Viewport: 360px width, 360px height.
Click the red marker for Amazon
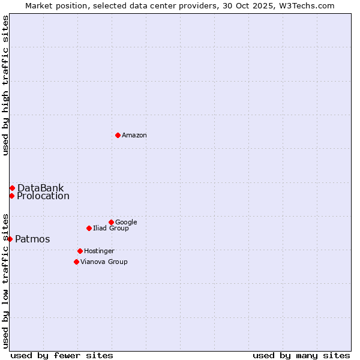(x=118, y=135)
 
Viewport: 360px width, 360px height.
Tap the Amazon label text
(x=134, y=136)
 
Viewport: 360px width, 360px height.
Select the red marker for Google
(x=111, y=222)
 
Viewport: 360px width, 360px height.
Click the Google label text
(x=126, y=223)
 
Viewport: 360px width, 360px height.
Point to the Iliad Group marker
(x=89, y=228)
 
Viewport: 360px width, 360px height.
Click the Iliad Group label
(x=111, y=229)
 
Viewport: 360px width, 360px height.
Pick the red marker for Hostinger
(x=80, y=251)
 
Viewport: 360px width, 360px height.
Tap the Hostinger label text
(x=99, y=251)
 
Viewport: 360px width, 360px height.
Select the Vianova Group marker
(x=76, y=262)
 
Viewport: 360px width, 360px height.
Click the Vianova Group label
(x=104, y=262)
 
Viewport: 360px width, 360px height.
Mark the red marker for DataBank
(x=12, y=188)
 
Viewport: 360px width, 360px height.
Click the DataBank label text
(x=40, y=188)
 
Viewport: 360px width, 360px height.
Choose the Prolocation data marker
(x=11, y=196)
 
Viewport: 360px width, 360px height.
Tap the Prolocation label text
(x=43, y=196)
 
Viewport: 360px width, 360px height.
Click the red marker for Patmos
(x=10, y=239)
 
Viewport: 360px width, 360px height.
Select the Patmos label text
(x=32, y=239)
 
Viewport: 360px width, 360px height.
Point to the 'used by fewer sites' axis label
(x=62, y=355)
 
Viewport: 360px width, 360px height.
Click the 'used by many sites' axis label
(x=301, y=355)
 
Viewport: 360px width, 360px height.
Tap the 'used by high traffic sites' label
(x=5, y=85)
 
